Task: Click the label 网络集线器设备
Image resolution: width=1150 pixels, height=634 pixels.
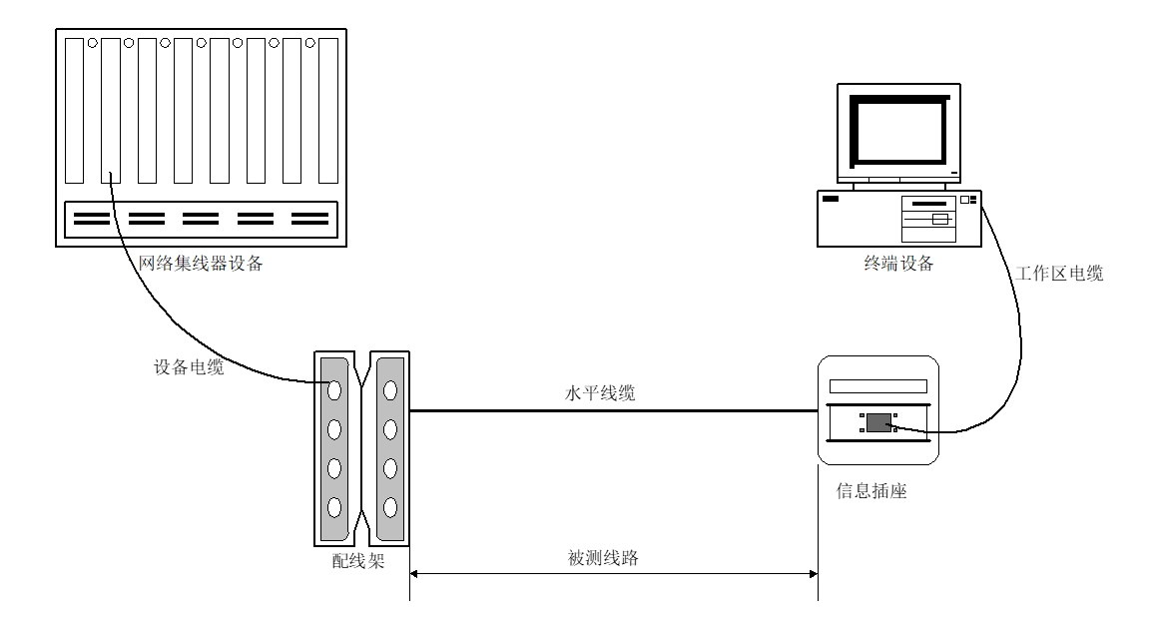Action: (201, 265)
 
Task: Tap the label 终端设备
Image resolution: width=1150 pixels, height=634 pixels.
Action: (898, 265)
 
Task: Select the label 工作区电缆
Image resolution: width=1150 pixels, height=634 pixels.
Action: (1060, 274)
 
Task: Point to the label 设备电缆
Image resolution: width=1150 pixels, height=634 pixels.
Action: (189, 367)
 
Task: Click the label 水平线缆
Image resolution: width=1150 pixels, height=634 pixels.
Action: (600, 394)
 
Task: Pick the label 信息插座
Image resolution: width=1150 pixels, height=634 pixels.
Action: (871, 492)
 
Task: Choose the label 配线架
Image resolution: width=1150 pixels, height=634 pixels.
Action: (357, 562)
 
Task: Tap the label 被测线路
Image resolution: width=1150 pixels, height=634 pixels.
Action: (603, 559)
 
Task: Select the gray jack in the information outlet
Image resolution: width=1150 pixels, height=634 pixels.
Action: (877, 422)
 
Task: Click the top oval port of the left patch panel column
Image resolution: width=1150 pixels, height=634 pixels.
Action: (334, 387)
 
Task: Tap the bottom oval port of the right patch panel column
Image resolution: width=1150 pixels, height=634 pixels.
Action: (390, 506)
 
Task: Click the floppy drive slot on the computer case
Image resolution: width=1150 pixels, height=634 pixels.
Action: (928, 205)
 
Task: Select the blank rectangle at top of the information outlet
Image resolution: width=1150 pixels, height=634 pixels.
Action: (877, 385)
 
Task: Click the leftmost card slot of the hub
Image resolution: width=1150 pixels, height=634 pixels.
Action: (75, 110)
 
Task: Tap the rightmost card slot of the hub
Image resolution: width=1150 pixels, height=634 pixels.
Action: (327, 110)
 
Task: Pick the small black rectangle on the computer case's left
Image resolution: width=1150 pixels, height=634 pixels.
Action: (831, 200)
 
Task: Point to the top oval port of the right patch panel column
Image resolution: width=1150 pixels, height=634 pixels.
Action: (390, 387)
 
